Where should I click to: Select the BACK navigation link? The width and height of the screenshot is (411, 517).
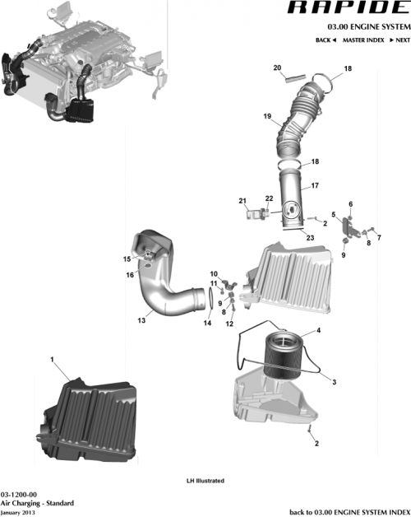click(x=326, y=40)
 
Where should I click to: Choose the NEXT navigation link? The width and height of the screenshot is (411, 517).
click(x=399, y=40)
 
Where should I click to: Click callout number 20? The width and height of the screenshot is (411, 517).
click(x=277, y=68)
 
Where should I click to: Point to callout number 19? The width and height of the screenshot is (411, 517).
click(x=267, y=117)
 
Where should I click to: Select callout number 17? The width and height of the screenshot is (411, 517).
click(x=314, y=187)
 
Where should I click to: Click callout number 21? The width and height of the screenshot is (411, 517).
click(x=242, y=201)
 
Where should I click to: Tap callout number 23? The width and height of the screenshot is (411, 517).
click(x=310, y=238)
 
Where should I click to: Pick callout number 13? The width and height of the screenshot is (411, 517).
click(x=141, y=320)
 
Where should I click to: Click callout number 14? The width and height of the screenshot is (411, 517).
click(x=207, y=324)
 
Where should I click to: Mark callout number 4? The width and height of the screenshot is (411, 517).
click(x=318, y=331)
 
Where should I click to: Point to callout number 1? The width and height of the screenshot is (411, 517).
click(x=53, y=360)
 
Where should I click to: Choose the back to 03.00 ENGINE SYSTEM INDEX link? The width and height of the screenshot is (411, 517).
click(x=349, y=511)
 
